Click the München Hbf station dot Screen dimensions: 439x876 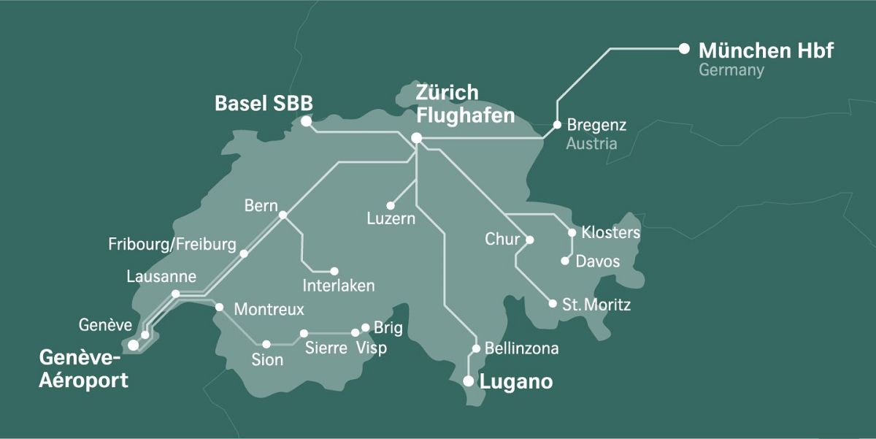click(x=684, y=48)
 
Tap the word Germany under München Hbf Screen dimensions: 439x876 click(x=731, y=71)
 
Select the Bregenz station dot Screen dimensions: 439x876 click(x=557, y=125)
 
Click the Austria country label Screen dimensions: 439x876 click(x=591, y=143)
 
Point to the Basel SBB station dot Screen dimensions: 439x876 click(x=306, y=121)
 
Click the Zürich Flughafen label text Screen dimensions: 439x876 click(x=465, y=104)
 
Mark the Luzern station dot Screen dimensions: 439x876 click(x=391, y=206)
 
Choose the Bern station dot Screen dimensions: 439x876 click(x=283, y=215)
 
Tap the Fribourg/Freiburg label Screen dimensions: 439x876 click(x=172, y=244)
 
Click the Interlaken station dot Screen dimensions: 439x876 click(x=334, y=271)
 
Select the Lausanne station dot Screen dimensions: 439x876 click(x=175, y=294)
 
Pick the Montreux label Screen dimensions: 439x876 click(x=269, y=310)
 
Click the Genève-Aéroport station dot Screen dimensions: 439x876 click(x=133, y=345)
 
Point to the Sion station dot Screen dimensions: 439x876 click(x=266, y=343)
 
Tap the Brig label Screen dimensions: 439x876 click(x=388, y=328)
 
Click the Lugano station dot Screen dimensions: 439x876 click(x=469, y=381)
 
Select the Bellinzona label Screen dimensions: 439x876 click(x=521, y=349)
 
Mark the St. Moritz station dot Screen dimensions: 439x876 click(x=553, y=303)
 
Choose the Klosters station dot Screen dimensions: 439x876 click(x=572, y=233)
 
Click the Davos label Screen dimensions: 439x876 click(x=597, y=262)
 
